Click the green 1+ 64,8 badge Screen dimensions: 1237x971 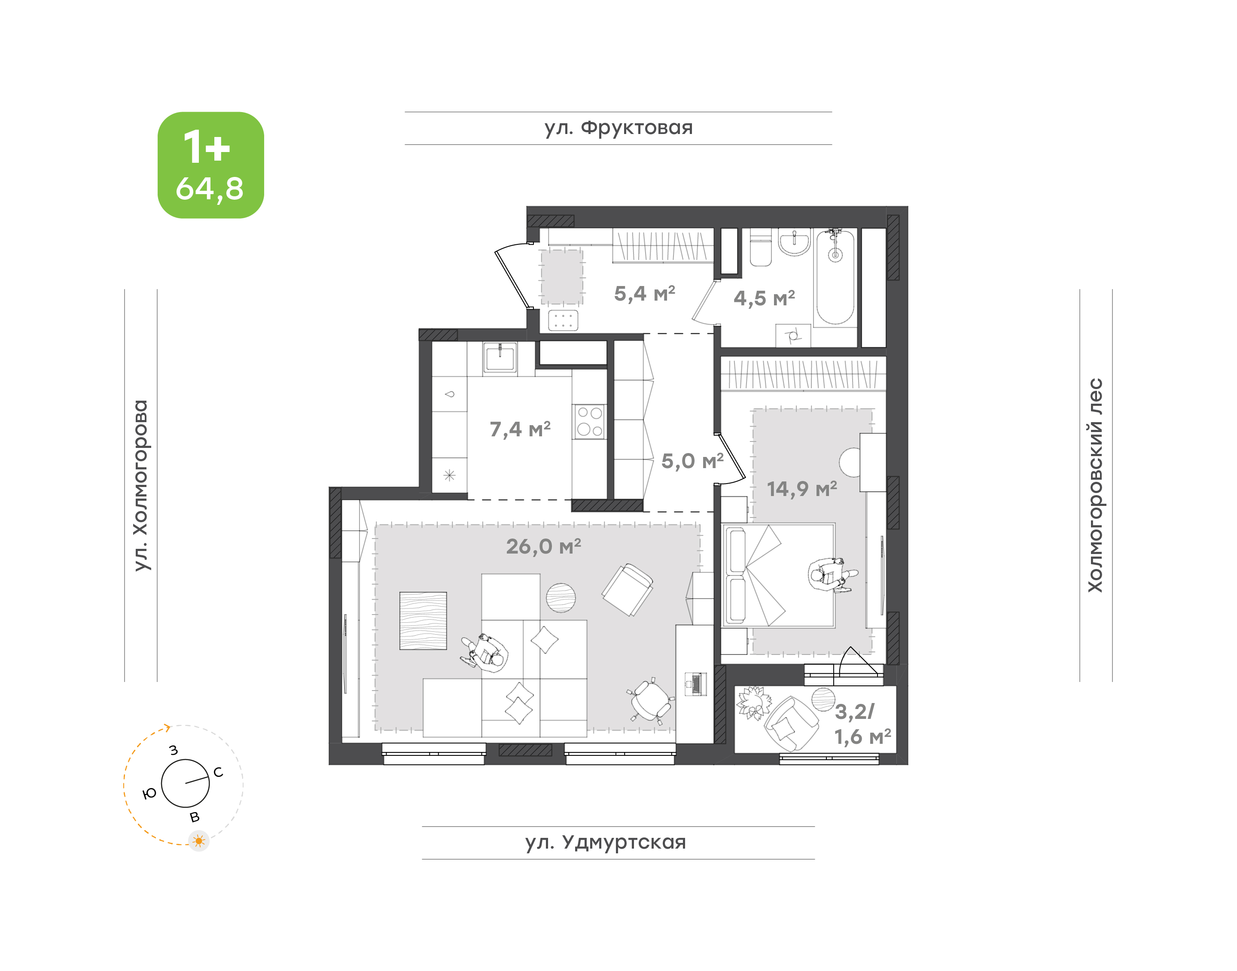210,165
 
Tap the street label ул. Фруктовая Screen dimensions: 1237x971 618,128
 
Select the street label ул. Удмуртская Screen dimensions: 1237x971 606,843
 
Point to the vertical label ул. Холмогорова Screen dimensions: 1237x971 140,485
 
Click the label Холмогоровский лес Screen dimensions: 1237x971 1095,485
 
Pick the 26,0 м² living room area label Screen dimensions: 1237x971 543,546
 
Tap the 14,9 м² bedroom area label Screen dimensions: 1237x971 801,488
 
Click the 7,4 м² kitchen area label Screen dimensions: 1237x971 520,429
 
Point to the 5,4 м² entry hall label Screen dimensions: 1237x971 645,293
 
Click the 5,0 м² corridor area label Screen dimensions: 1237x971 692,460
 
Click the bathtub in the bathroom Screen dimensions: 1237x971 835,277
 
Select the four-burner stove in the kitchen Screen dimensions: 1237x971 589,421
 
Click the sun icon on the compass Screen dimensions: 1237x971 198,841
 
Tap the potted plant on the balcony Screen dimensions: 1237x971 753,703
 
